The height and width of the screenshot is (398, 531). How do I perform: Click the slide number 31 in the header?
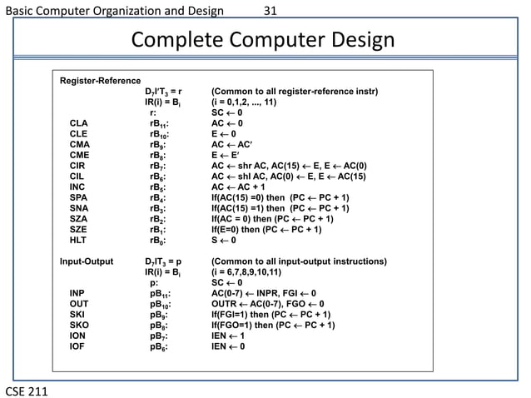(269, 12)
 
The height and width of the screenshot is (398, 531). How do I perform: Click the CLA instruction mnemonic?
(79, 122)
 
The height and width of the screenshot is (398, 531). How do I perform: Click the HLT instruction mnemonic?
(78, 241)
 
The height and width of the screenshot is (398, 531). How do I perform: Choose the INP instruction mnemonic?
(77, 293)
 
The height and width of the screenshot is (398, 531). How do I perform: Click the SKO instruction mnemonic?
(79, 326)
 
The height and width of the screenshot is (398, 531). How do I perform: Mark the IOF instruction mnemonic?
(77, 346)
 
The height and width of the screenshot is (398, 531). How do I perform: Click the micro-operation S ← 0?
(228, 241)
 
